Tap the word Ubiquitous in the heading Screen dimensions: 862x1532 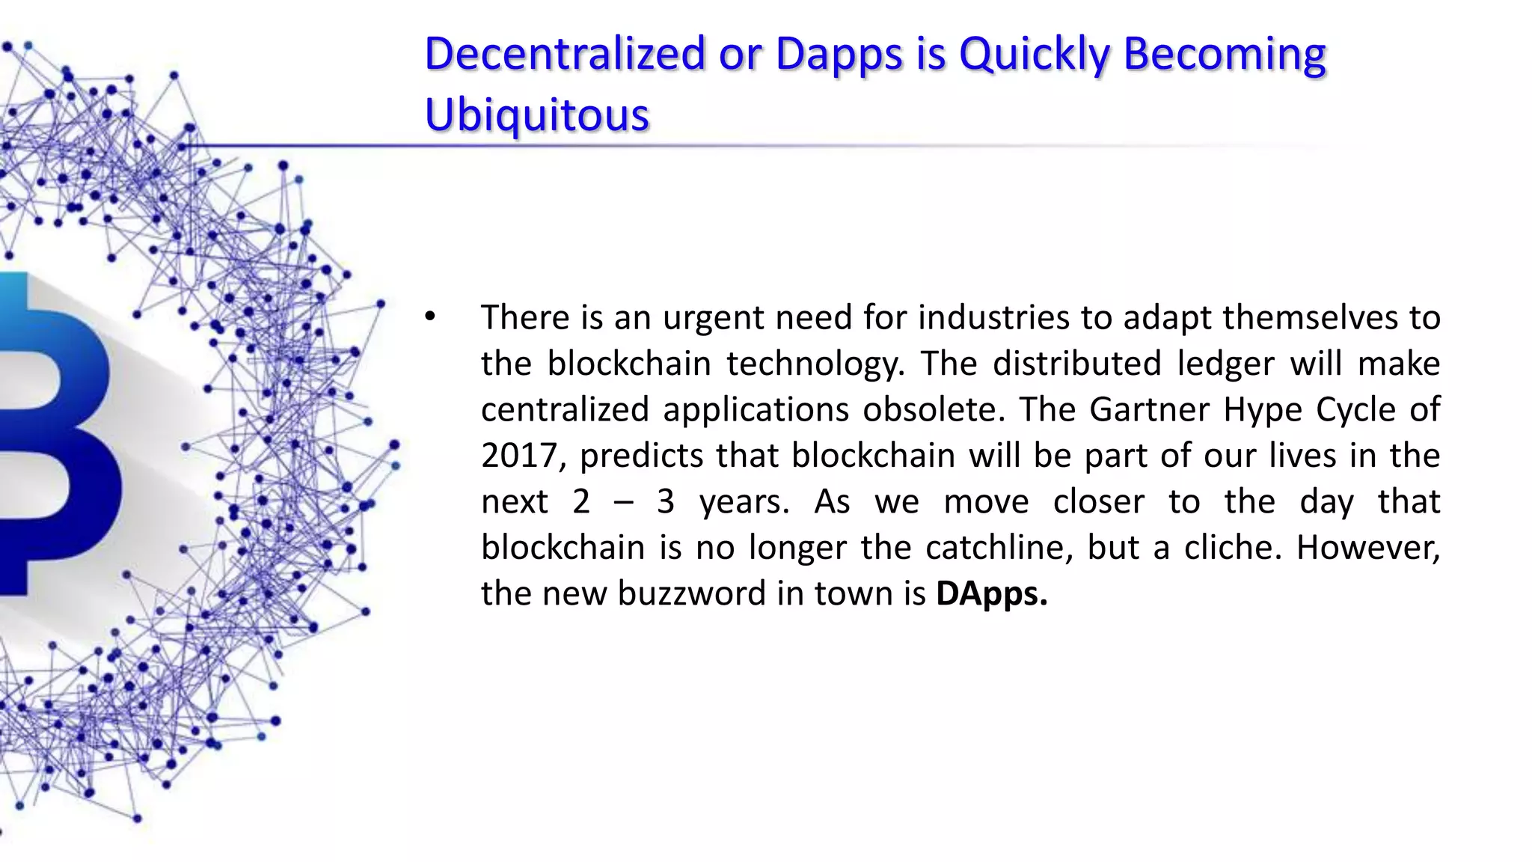click(x=536, y=115)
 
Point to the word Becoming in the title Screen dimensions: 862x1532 click(x=1225, y=54)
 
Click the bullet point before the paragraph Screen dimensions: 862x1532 click(x=429, y=317)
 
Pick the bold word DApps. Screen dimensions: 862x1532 click(x=991, y=593)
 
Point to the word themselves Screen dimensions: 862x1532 click(x=1310, y=317)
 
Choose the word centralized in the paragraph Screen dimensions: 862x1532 click(x=565, y=409)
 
